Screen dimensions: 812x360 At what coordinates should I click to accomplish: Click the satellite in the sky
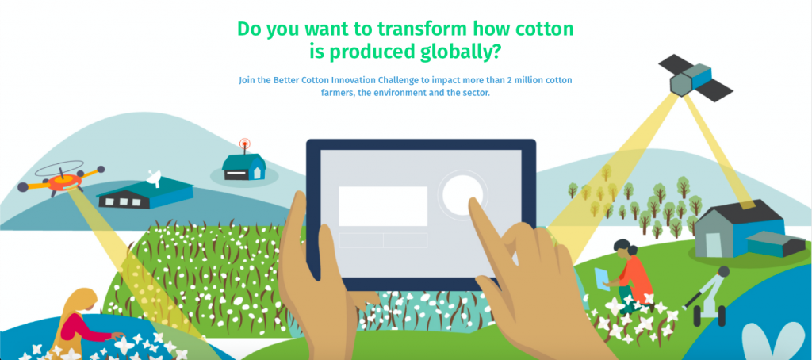click(x=695, y=79)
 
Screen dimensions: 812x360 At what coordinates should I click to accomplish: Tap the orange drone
click(x=61, y=179)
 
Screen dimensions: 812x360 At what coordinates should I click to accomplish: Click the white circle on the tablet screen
click(x=462, y=194)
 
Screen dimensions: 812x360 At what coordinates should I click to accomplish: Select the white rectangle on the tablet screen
click(x=383, y=206)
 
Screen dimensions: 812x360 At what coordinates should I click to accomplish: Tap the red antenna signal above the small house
click(x=244, y=144)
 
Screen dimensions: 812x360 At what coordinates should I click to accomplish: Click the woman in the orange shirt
click(x=629, y=274)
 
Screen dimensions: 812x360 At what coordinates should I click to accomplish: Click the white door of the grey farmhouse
click(x=713, y=244)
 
